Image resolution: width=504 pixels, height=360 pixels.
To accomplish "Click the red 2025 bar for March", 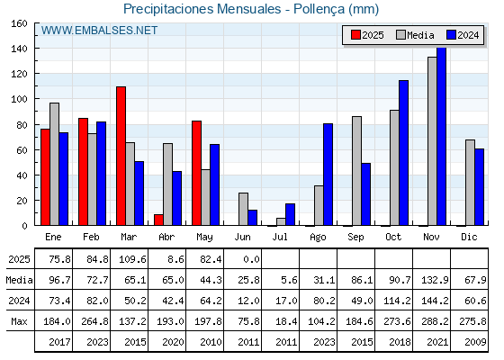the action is (121, 156).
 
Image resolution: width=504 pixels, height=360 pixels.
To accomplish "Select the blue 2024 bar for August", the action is (328, 175).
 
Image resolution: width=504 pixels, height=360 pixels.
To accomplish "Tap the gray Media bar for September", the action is (356, 171).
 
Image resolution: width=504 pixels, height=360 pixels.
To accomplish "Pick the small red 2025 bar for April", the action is (158, 220).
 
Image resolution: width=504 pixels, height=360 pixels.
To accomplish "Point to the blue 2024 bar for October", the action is (404, 153).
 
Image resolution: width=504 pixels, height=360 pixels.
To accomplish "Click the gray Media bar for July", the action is (281, 221).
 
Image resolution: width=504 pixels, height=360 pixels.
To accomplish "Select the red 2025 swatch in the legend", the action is (355, 35).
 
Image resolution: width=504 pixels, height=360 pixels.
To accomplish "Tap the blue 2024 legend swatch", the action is (451, 35).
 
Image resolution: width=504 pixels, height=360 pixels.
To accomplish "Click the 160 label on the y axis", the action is (19, 23).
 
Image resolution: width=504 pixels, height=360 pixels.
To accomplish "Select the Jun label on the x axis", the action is (242, 238).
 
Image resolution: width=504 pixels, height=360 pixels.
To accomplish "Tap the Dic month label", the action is (469, 237).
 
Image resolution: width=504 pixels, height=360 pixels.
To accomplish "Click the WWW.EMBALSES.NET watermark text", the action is (99, 31).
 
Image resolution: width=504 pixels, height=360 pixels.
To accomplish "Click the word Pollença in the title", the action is (319, 9).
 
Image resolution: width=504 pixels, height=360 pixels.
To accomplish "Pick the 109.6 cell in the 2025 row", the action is (132, 259).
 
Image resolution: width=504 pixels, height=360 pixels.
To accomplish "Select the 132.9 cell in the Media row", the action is (435, 280).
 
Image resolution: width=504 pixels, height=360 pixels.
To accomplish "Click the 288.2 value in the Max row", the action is (435, 321).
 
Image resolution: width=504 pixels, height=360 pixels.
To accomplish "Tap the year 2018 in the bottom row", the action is (400, 342).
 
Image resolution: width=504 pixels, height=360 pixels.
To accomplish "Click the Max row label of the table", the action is (19, 321).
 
